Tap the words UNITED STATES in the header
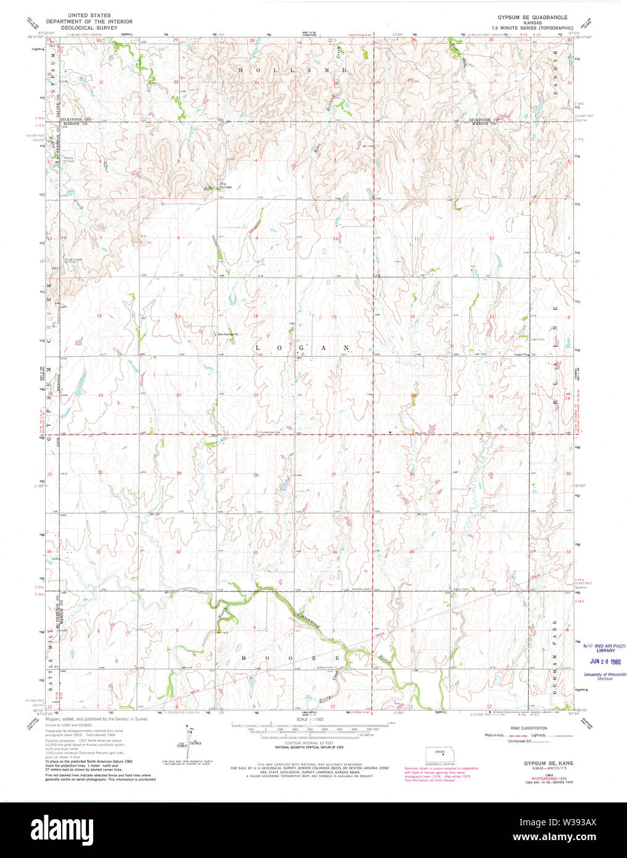89,15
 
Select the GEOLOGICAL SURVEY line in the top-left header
89,28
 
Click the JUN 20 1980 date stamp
605,660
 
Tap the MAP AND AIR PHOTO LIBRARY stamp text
605,648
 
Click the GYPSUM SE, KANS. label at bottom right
547,764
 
